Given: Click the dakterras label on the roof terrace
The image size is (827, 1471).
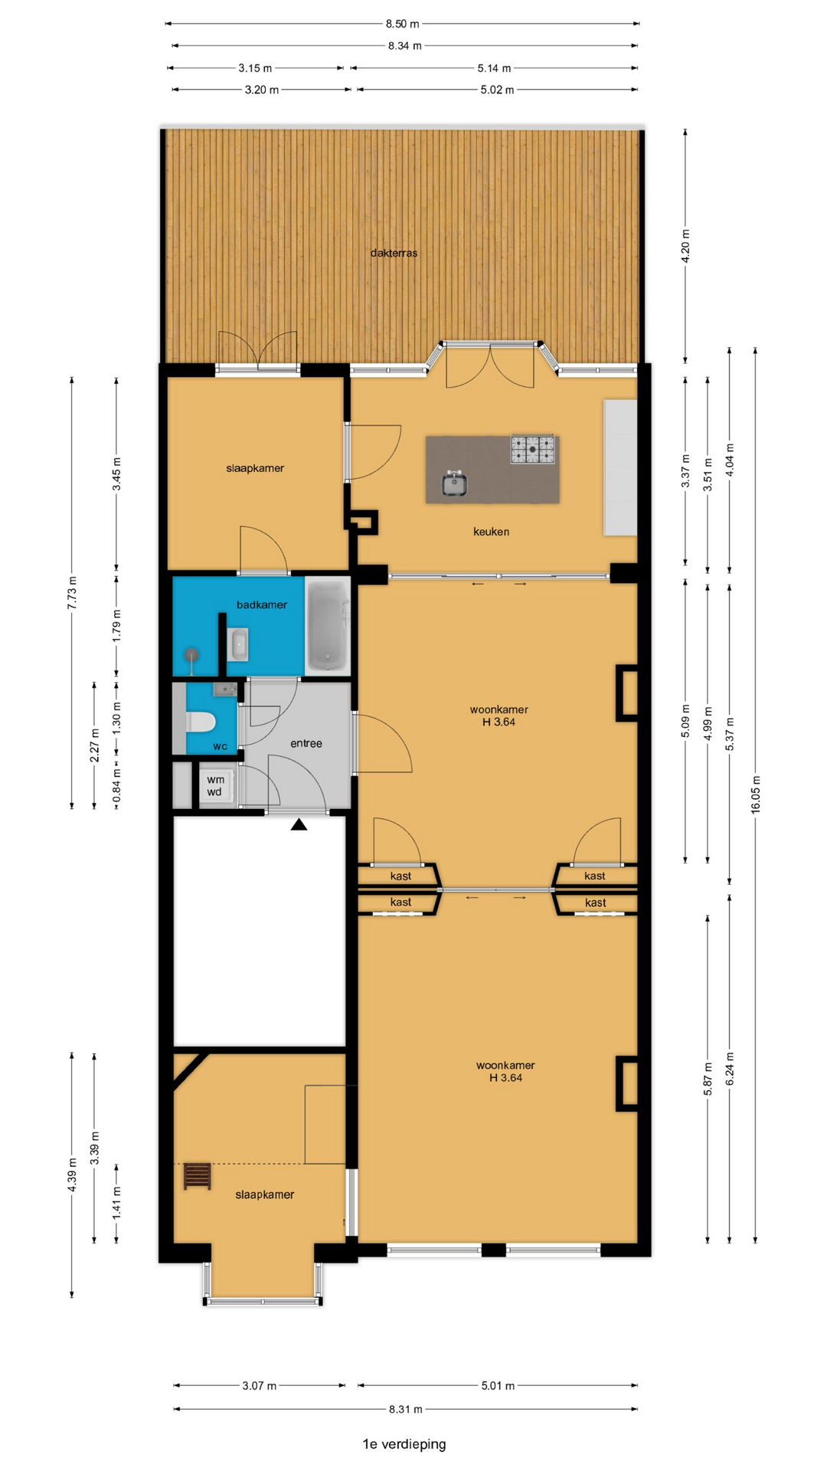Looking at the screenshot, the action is (x=394, y=253).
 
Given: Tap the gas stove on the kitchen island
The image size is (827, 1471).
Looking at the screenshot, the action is (x=533, y=450).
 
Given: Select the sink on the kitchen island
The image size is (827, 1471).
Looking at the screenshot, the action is (x=455, y=483).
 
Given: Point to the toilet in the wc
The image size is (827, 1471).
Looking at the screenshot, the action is (x=201, y=722).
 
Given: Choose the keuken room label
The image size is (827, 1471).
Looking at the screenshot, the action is (x=491, y=532).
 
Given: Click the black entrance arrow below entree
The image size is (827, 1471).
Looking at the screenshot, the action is (x=299, y=824).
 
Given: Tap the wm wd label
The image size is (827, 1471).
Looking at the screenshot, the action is (x=215, y=786).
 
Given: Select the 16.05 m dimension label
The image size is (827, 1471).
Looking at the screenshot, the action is (x=755, y=794).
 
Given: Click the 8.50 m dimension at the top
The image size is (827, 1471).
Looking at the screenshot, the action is (x=403, y=24).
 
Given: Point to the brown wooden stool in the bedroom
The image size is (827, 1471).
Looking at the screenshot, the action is (x=198, y=1176).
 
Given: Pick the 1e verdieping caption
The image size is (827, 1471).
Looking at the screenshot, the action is (x=404, y=1444).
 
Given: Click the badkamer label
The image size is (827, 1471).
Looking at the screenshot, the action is (x=262, y=604).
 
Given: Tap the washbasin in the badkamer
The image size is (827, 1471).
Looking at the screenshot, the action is (x=239, y=644).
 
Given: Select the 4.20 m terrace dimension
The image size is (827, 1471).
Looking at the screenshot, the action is (x=685, y=247).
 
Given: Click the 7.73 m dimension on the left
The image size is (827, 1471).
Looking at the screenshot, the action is (x=72, y=593).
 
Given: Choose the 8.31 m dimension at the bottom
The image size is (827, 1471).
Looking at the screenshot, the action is (x=405, y=1409).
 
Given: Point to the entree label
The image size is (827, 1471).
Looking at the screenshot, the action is (x=306, y=743).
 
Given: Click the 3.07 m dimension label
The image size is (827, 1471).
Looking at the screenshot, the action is (x=260, y=1385).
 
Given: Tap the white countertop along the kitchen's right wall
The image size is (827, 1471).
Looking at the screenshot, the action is (x=620, y=467).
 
